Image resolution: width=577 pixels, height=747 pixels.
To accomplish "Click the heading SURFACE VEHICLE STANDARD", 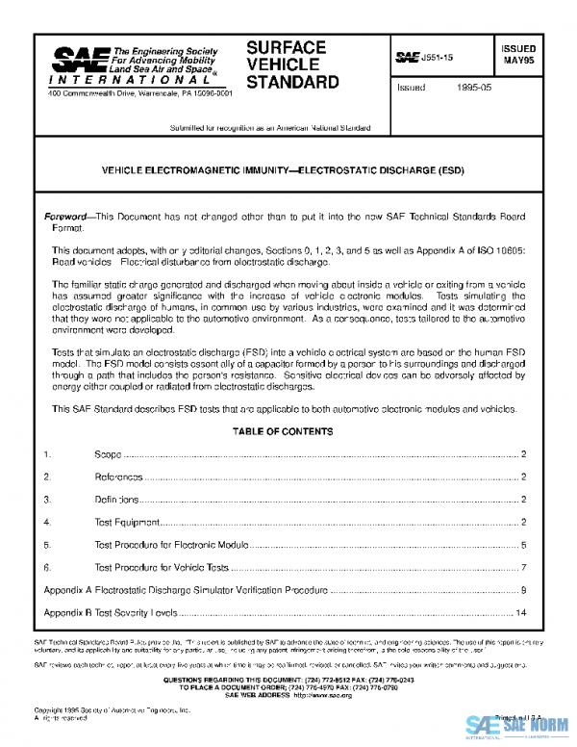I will click(x=292, y=64).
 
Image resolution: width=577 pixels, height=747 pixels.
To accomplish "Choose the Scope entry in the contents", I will click(x=109, y=453).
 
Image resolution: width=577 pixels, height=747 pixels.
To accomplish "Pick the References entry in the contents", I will click(x=118, y=477).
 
